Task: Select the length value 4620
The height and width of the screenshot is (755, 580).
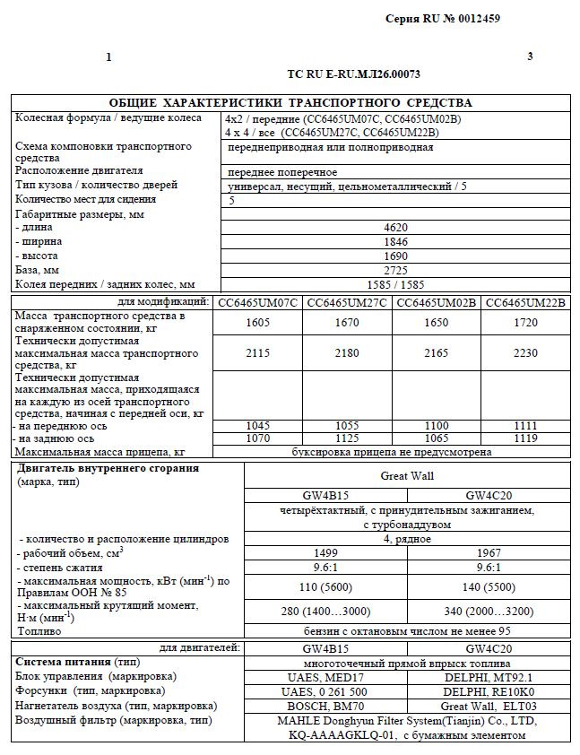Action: (x=394, y=228)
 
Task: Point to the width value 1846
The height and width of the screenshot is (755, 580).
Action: (x=394, y=241)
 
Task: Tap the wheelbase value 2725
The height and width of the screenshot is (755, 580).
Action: (x=394, y=270)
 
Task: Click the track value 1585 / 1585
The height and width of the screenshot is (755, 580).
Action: (x=394, y=284)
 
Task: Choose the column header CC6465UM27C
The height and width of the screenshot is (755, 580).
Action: (x=347, y=302)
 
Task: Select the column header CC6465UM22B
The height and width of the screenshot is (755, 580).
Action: (x=525, y=302)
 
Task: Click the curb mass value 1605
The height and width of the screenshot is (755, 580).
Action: (x=257, y=323)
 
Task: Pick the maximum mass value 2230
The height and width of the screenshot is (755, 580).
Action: (x=525, y=353)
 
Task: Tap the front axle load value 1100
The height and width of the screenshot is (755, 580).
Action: (x=437, y=425)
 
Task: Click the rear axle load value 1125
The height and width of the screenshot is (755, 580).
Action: (x=347, y=438)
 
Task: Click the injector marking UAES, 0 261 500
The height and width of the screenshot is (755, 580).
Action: (x=325, y=690)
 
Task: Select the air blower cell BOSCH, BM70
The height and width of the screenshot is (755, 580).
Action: (x=325, y=706)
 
